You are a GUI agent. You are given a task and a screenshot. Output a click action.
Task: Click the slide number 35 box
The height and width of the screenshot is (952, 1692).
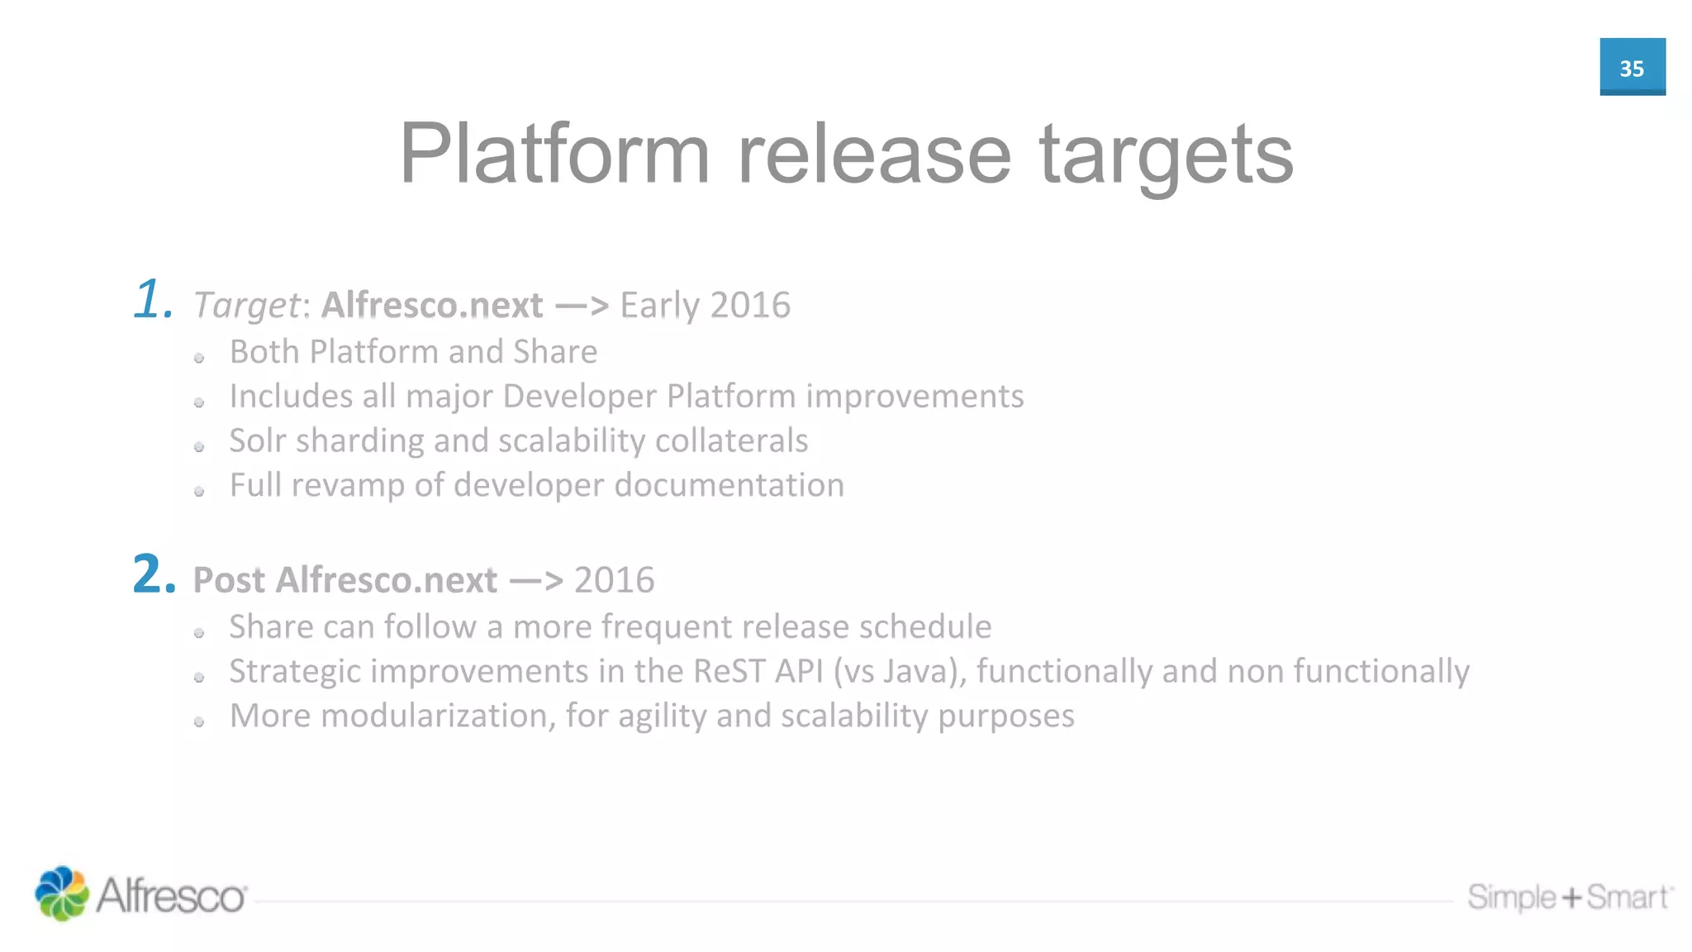point(1632,67)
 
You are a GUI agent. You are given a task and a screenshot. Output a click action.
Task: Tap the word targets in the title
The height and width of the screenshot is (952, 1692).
point(1166,155)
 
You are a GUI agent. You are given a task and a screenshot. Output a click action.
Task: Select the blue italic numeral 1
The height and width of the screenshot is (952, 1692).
point(152,299)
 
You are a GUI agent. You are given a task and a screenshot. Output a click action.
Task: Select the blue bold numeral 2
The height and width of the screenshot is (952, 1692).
point(153,574)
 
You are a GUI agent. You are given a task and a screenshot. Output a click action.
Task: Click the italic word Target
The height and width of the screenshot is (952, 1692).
point(246,306)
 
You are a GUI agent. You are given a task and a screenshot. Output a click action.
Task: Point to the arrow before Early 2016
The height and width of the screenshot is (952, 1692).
point(582,306)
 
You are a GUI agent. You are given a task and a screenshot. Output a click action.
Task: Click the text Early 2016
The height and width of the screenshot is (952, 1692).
point(705,305)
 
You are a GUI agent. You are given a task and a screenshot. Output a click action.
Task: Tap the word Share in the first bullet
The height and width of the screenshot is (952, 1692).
point(554,352)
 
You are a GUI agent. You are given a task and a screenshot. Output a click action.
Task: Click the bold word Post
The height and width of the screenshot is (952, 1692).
point(229,580)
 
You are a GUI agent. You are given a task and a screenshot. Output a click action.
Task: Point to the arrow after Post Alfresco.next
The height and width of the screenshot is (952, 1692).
point(536,580)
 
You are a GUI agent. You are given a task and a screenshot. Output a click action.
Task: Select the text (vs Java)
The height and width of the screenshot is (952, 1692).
point(899,672)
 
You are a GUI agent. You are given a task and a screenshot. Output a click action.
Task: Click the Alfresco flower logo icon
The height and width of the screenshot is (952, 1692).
point(61,893)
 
